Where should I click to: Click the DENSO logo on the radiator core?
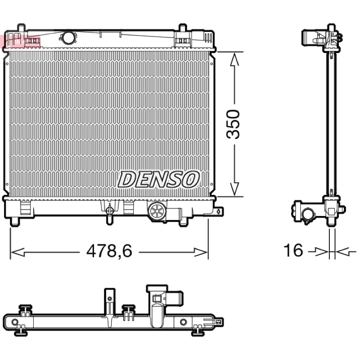coord(158,179)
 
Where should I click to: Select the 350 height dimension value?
coord(233,124)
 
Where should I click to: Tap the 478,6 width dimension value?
coord(109,251)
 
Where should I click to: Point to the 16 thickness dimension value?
coord(293,250)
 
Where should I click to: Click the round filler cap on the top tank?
coord(68,37)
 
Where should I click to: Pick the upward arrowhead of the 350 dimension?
coord(234,59)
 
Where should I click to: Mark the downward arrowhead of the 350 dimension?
coord(234,189)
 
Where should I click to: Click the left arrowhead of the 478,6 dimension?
coord(18,252)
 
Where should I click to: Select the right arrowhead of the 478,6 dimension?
coord(201,252)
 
